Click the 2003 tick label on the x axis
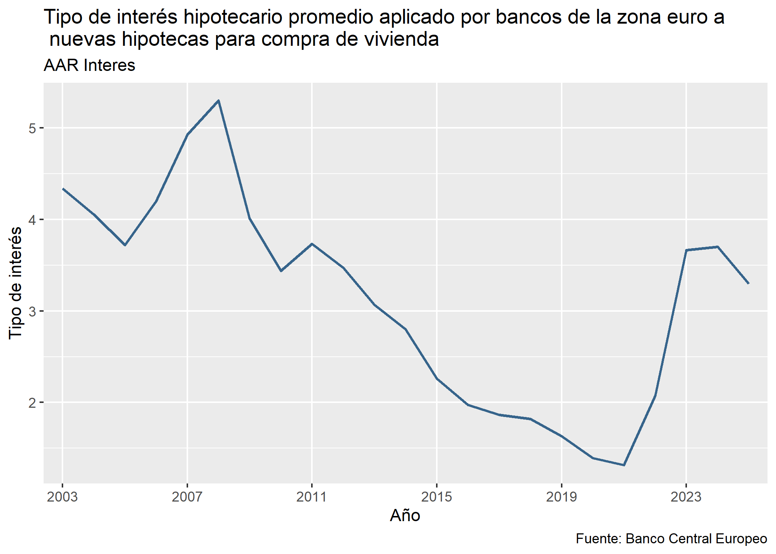[x=62, y=497]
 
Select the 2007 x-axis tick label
[x=187, y=497]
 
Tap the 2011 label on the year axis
[x=312, y=497]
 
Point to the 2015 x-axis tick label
[x=436, y=497]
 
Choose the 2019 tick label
[x=561, y=497]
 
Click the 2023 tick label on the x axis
[x=686, y=497]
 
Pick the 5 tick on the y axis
[x=32, y=129]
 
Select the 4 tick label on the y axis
[x=32, y=220]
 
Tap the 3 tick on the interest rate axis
[x=32, y=311]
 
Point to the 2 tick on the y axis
[x=32, y=403]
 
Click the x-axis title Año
[x=405, y=516]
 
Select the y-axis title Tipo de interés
[x=16, y=283]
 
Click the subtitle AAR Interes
[x=89, y=65]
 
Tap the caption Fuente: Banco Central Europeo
[x=671, y=539]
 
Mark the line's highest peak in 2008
[x=219, y=100]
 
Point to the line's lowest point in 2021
[x=624, y=465]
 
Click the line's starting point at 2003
[x=63, y=189]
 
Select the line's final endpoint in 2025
[x=749, y=284]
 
